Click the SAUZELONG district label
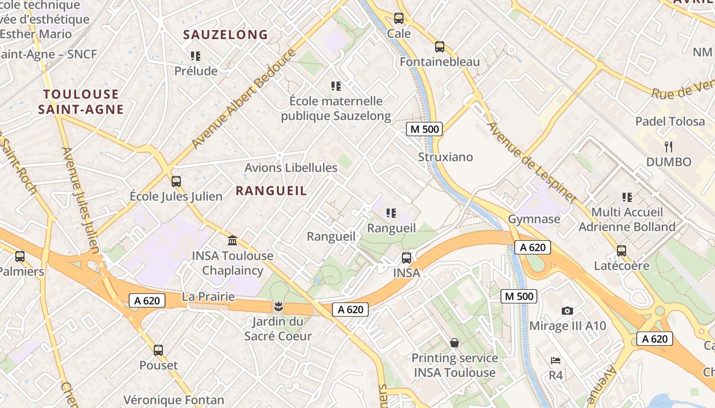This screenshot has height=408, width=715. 225,35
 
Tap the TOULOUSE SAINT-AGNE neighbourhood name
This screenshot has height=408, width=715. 81,101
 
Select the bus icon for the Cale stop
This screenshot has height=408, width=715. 399,19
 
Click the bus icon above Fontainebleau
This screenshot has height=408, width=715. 440,47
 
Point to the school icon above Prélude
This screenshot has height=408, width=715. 196,56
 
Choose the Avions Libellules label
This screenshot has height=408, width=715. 291,168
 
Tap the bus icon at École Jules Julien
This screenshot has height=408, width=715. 176,182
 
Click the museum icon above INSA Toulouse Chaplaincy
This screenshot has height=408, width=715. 232,240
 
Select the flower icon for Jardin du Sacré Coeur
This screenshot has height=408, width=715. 278,307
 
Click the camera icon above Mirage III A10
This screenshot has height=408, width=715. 567,311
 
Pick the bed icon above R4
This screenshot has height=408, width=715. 556,361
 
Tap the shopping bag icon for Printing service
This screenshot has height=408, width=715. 454,343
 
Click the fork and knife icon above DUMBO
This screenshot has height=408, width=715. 669,147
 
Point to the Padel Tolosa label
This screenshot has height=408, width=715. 670,121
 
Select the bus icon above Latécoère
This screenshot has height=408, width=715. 622,251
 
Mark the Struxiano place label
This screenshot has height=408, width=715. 445,157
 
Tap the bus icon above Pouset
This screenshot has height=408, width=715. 158,350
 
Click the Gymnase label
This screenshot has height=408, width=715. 534,219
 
